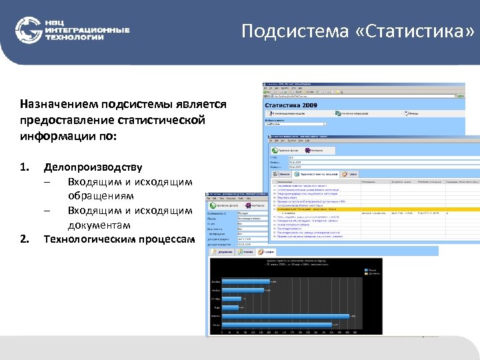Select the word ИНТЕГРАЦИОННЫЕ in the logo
click(x=87, y=30)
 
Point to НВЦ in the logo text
click(x=56, y=22)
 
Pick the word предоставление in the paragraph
click(x=64, y=121)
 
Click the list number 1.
click(x=24, y=166)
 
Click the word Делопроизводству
click(x=93, y=166)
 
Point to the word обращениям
click(x=101, y=196)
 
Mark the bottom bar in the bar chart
click(x=277, y=324)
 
